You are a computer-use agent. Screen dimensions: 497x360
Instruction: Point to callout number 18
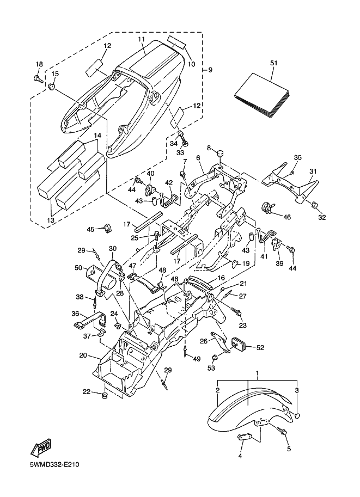click(x=39, y=65)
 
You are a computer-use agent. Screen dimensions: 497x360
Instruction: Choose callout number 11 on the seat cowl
click(x=141, y=40)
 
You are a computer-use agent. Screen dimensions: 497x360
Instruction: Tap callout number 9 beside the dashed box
click(x=210, y=70)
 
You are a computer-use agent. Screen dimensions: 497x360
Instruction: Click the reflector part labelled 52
click(x=240, y=345)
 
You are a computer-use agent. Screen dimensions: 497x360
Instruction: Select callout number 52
click(x=260, y=347)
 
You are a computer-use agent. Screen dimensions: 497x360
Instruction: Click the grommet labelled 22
click(x=103, y=394)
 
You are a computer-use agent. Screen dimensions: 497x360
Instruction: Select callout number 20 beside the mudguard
click(x=83, y=355)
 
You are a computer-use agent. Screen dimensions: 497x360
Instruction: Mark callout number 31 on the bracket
click(x=313, y=171)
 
